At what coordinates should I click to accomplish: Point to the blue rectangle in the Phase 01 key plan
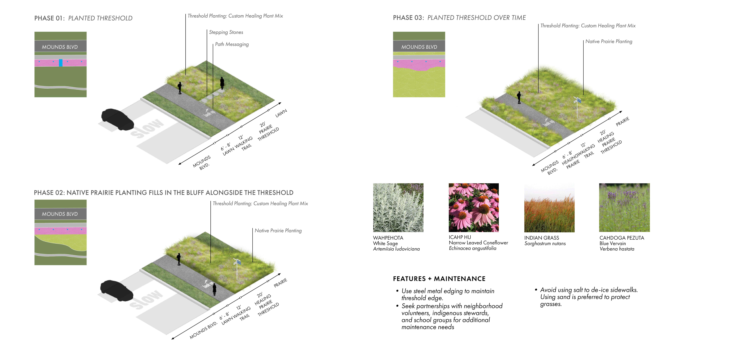(x=60, y=63)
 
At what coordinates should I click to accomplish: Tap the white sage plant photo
(x=398, y=208)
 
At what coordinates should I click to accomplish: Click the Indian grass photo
(x=549, y=208)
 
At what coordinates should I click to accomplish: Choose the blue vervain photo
(x=624, y=208)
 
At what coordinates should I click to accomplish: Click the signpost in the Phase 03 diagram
(x=577, y=107)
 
